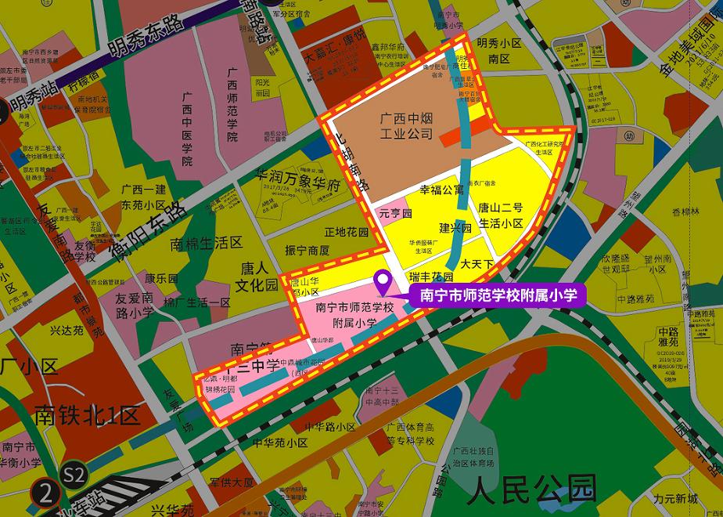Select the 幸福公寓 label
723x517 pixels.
442,190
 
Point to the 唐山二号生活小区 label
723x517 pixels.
501,216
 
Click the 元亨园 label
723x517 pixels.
395,213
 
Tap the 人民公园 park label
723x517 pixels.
531,490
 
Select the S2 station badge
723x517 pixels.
74,474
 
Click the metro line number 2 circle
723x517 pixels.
46,494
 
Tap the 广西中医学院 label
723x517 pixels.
186,129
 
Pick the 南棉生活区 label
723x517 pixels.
207,244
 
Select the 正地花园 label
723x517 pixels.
346,233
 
